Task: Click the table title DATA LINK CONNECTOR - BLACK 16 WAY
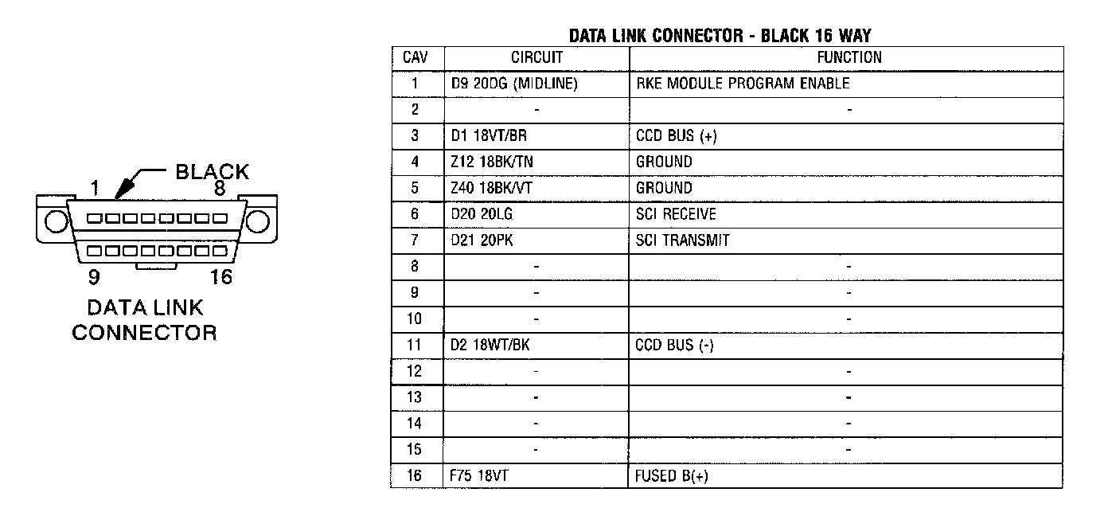tap(720, 36)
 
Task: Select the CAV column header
tap(415, 57)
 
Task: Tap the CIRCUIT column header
tap(536, 57)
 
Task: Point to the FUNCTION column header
tap(849, 57)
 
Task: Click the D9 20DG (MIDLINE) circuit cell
tap(513, 83)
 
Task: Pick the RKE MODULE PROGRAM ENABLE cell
tap(742, 83)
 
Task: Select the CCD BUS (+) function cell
tap(676, 135)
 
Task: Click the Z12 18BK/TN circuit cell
tap(492, 162)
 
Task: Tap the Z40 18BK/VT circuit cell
tap(492, 188)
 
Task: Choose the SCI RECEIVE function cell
tap(676, 214)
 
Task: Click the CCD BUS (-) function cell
tap(674, 346)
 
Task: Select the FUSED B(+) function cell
tap(672, 476)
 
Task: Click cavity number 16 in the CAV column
tap(415, 476)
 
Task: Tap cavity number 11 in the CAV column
tap(415, 346)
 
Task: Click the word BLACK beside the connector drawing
tap(212, 171)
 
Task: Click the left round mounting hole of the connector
tap(55, 221)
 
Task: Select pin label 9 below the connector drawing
tap(93, 278)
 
